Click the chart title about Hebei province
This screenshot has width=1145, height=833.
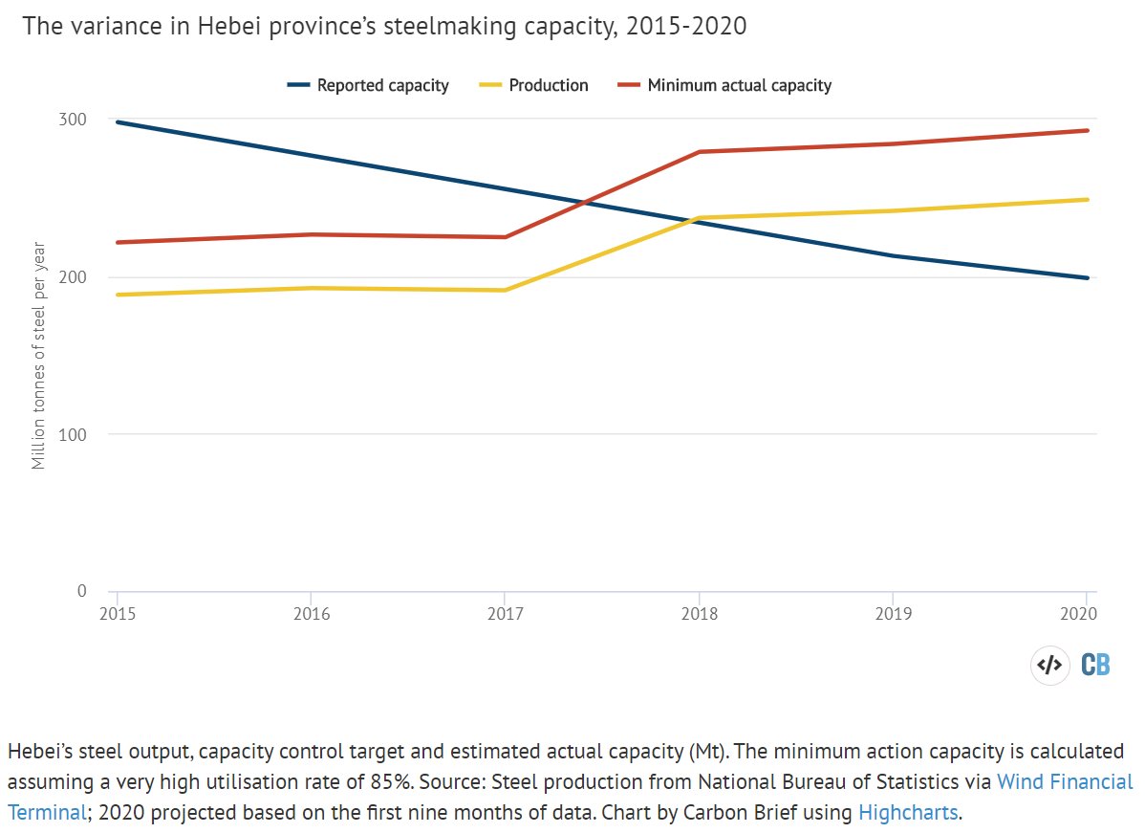point(384,27)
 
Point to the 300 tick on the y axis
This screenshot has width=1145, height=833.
point(76,120)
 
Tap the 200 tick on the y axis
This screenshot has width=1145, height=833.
point(76,277)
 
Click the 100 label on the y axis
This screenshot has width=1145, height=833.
point(76,434)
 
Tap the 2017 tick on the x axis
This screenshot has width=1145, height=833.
point(505,613)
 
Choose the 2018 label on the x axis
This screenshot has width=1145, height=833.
point(700,613)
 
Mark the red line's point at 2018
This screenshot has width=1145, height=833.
point(700,152)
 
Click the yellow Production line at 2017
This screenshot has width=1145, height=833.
point(505,290)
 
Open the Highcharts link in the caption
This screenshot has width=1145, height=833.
point(907,813)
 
